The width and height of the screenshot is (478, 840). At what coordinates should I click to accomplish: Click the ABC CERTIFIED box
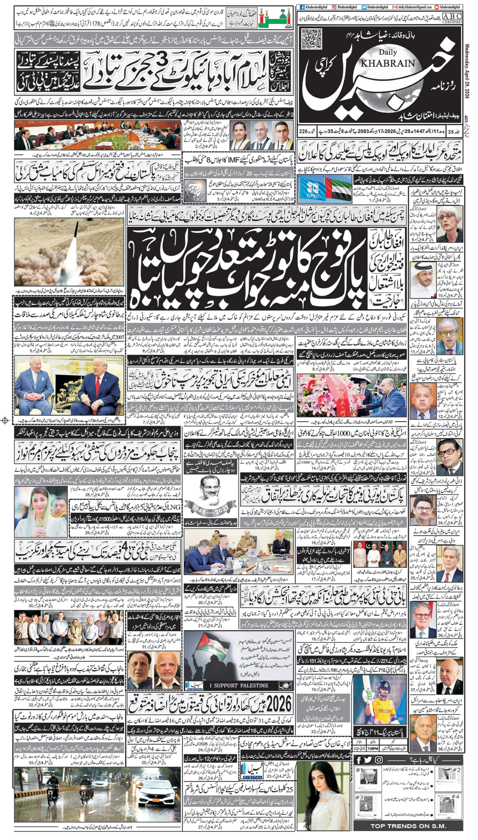[452, 19]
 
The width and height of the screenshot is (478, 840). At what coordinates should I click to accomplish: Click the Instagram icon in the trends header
[379, 760]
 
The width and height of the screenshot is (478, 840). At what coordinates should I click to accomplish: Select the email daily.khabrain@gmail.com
[414, 7]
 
